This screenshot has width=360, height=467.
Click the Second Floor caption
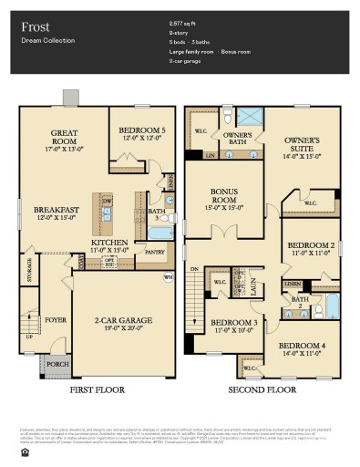click(x=262, y=389)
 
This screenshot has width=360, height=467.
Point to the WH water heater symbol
click(x=167, y=277)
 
